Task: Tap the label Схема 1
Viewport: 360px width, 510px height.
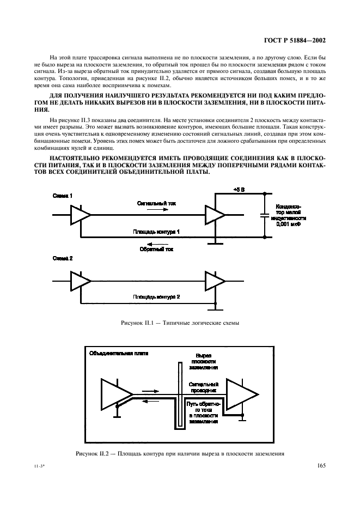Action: [x=63, y=196]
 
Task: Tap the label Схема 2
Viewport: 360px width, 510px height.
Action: [x=63, y=257]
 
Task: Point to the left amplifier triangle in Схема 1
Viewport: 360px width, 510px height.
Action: [x=80, y=215]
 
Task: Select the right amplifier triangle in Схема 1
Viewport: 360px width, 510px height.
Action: [x=215, y=215]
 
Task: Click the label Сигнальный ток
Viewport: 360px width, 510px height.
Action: [x=157, y=202]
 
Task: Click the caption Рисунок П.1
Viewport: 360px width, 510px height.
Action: [x=180, y=323]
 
